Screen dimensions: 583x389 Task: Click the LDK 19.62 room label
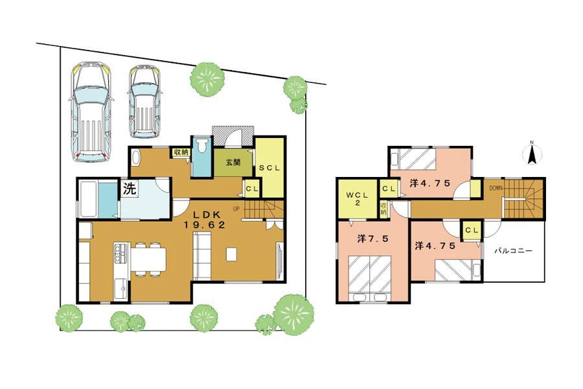[x=205, y=220]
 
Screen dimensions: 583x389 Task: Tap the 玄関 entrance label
[x=233, y=162]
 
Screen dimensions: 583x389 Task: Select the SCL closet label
[x=269, y=168]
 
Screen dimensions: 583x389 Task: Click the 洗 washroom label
[x=130, y=189]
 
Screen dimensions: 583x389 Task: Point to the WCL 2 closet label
[x=358, y=199]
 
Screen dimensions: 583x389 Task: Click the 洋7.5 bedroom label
[x=372, y=239]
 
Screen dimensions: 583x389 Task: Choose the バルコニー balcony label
[x=513, y=250]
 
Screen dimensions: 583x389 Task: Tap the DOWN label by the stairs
[x=496, y=189]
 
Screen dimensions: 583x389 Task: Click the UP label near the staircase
[x=236, y=209]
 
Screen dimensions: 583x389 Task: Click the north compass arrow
[x=532, y=154]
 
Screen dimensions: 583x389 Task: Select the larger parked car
[x=91, y=112]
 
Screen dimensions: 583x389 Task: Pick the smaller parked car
[x=144, y=102]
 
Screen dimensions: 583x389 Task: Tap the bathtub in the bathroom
[x=89, y=199]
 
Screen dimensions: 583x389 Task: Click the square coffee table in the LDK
[x=231, y=255]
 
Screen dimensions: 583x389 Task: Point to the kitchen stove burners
[x=121, y=253]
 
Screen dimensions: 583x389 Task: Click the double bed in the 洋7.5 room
[x=370, y=277]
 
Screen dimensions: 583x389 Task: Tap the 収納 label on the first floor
[x=181, y=152]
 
